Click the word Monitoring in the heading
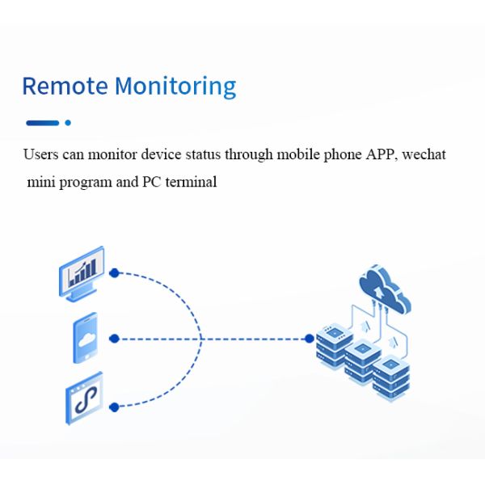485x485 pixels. [x=175, y=86]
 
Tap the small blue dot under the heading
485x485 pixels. [x=68, y=123]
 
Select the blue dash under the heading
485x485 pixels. [x=43, y=123]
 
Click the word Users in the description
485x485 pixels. [x=41, y=154]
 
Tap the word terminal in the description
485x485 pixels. [x=192, y=182]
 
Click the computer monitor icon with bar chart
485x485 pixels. [x=81, y=273]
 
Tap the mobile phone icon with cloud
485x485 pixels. [x=85, y=338]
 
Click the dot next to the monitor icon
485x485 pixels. [x=114, y=273]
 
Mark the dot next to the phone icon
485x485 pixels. [x=114, y=339]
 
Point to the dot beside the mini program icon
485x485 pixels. [x=114, y=407]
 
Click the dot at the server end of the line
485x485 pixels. [x=309, y=339]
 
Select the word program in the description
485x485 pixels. [x=86, y=183]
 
